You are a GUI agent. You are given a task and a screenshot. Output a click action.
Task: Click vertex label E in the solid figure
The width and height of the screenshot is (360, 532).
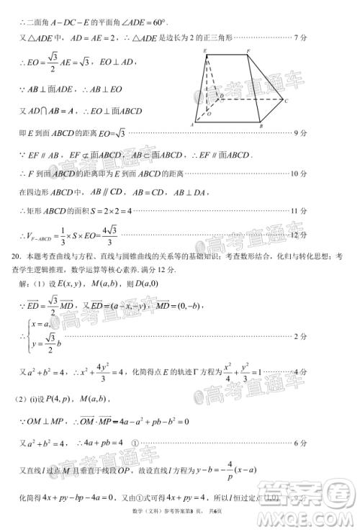pos(205,50)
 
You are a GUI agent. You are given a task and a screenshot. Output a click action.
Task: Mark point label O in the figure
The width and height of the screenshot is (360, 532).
pos(209,114)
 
